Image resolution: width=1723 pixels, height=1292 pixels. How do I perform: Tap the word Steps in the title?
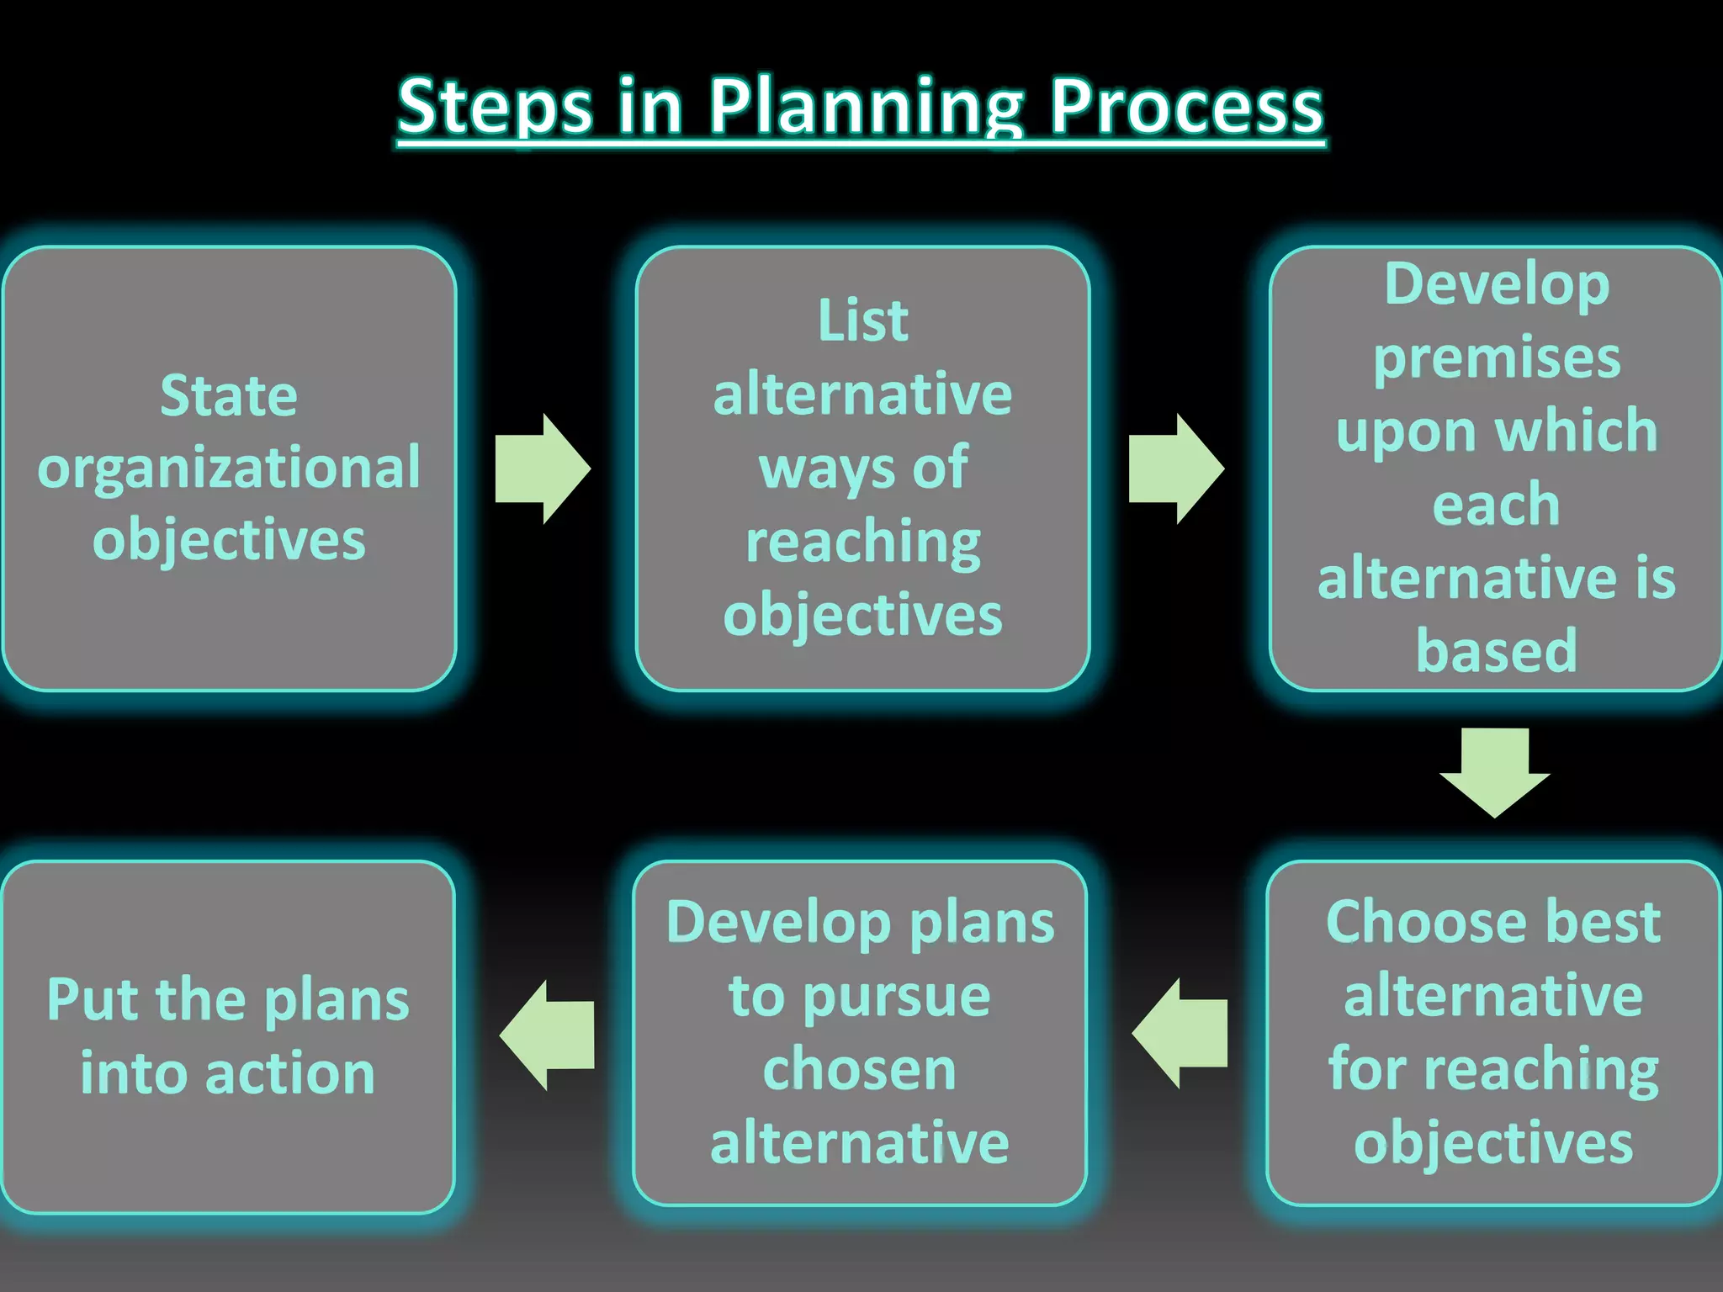coord(495,108)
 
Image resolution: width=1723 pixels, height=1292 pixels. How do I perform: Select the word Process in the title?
coord(1186,108)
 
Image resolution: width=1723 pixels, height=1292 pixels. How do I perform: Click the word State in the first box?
coord(229,395)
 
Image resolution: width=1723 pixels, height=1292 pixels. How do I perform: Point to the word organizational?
coord(229,468)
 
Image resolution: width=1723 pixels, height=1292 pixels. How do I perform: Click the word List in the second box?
coord(862,321)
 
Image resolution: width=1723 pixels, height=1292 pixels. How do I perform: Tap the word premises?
coord(1496,358)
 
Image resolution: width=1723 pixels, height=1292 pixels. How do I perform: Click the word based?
coord(1496,651)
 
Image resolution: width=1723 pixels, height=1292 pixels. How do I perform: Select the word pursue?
coord(897,998)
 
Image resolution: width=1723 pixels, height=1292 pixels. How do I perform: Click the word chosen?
coord(859,1070)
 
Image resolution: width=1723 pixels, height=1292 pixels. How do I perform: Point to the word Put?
coord(93,1000)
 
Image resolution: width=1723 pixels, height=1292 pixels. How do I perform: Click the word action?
coord(290,1074)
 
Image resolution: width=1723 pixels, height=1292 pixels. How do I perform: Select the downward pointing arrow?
coord(1494,770)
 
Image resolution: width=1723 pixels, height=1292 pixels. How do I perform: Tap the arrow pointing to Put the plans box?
coord(549,1035)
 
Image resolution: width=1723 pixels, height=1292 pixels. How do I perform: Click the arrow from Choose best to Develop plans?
coord(1180,1034)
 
